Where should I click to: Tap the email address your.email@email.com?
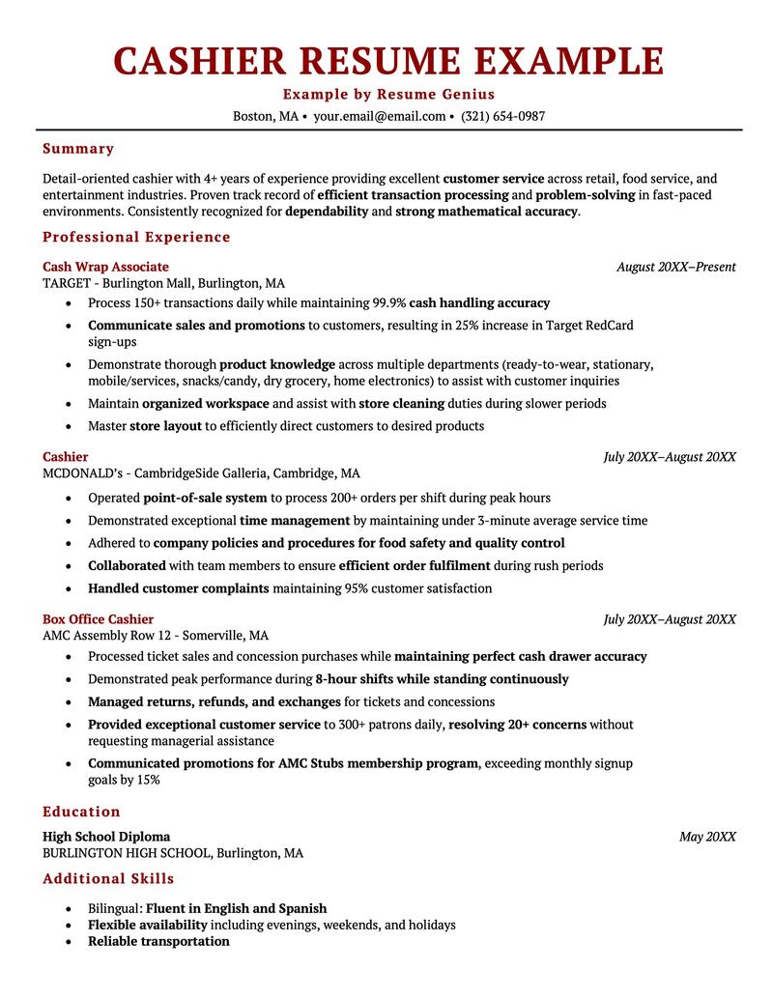379,116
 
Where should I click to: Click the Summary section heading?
78,149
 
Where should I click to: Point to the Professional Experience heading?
136,237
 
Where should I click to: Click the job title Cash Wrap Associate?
105,267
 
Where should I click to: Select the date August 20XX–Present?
675,267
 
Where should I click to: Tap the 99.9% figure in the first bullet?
390,302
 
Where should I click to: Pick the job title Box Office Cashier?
98,619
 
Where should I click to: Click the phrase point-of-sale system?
205,498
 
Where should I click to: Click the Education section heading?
81,812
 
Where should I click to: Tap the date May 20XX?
707,837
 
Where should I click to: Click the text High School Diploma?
106,837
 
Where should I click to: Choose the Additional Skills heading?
108,879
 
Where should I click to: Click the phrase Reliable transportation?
158,941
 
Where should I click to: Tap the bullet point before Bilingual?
68,909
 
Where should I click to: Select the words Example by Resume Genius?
388,94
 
